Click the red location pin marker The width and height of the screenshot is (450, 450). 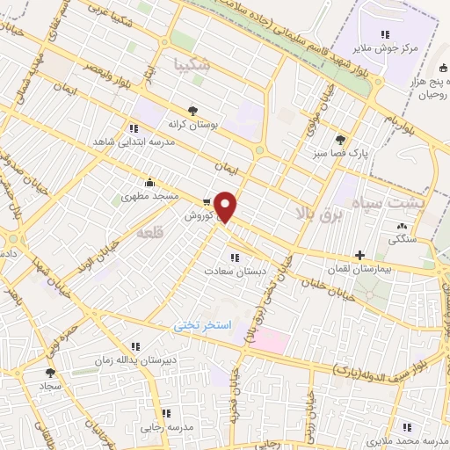(226, 207)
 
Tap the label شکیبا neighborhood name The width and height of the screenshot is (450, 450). (193, 63)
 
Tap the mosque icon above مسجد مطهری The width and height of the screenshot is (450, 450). (149, 183)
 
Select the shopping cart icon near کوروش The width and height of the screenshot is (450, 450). (207, 200)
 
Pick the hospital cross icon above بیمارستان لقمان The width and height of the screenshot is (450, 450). (359, 254)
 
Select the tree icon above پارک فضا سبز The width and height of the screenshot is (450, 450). (340, 138)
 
